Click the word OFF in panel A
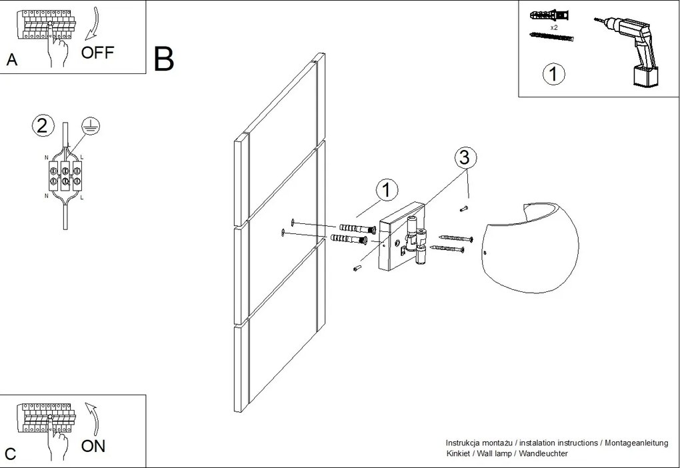click(x=98, y=53)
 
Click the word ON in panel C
click(x=93, y=446)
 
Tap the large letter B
click(x=164, y=59)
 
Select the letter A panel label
click(x=11, y=60)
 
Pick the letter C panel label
click(x=11, y=454)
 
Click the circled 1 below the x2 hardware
click(x=553, y=74)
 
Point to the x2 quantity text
click(x=554, y=29)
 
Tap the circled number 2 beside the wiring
click(x=43, y=125)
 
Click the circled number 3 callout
click(x=465, y=158)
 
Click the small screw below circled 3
click(x=464, y=209)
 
